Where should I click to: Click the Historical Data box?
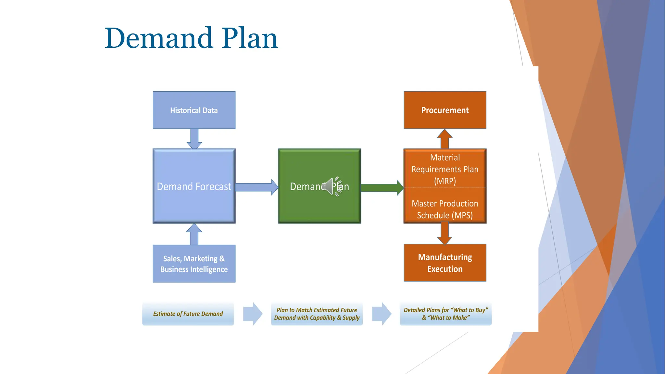tap(194, 110)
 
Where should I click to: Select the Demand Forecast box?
tap(194, 186)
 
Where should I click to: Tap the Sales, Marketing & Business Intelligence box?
tap(194, 264)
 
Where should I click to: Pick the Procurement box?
tap(445, 110)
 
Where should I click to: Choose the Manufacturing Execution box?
tap(445, 263)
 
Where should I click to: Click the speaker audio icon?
tap(333, 186)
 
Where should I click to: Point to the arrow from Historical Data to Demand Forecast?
tap(194, 139)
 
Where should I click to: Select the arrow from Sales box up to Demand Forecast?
tap(194, 234)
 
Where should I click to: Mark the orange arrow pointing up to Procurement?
tap(445, 139)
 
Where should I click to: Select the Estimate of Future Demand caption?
tap(188, 314)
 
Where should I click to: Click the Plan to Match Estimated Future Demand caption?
tap(317, 314)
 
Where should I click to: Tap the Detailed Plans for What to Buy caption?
tap(445, 314)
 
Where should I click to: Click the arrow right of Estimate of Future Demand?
tap(253, 314)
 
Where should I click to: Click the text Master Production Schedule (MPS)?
tap(445, 209)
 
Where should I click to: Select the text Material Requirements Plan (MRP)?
tap(445, 169)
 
